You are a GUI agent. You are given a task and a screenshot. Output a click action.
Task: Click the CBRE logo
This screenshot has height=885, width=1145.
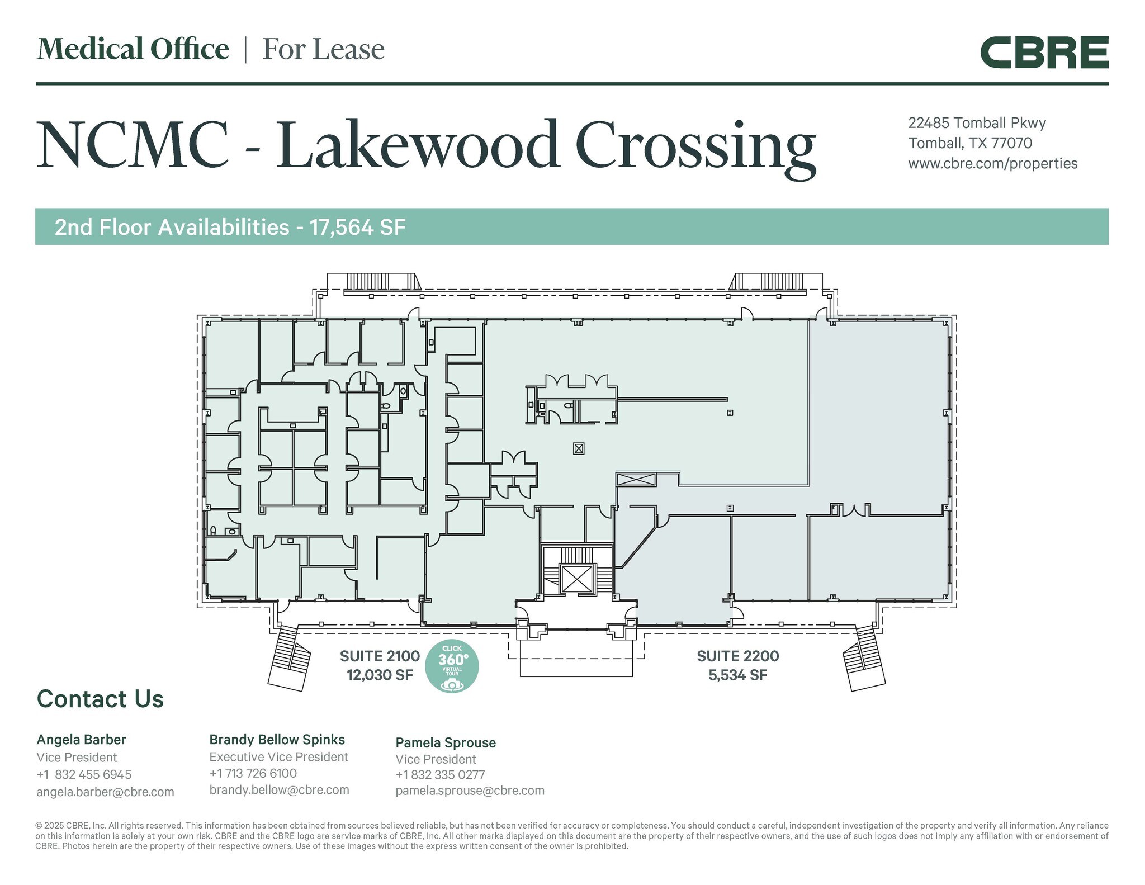(x=1044, y=53)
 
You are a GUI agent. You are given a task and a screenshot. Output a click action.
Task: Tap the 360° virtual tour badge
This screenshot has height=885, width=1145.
(x=452, y=666)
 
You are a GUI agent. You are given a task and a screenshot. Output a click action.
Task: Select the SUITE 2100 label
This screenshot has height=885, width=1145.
(x=380, y=656)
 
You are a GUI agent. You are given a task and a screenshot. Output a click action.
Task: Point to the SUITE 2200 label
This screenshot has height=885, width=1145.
(x=737, y=656)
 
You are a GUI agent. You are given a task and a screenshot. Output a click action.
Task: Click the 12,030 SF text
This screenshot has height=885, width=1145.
(x=380, y=675)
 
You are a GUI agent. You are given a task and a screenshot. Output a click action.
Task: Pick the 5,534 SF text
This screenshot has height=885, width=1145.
(x=737, y=675)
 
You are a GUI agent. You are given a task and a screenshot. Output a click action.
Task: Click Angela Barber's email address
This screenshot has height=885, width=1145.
(x=105, y=792)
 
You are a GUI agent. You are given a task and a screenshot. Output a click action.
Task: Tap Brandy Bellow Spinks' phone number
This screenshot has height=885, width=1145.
(x=253, y=773)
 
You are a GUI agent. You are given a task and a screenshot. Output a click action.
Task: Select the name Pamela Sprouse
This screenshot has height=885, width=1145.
(x=445, y=742)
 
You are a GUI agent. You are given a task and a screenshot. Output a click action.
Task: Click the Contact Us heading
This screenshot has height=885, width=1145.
(x=100, y=699)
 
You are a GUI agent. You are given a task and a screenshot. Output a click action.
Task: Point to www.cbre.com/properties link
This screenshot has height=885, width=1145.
(x=992, y=163)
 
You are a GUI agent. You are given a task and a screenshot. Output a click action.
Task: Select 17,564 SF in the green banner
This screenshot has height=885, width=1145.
(x=358, y=227)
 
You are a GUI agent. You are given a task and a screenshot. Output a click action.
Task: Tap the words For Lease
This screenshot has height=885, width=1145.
(x=323, y=49)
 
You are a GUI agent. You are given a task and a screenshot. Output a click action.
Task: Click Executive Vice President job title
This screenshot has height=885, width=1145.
(x=278, y=757)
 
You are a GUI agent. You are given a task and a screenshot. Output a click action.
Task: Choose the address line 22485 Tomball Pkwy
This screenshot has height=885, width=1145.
(x=976, y=123)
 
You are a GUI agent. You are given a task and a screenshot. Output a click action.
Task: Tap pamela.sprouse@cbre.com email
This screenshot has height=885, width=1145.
(x=470, y=791)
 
